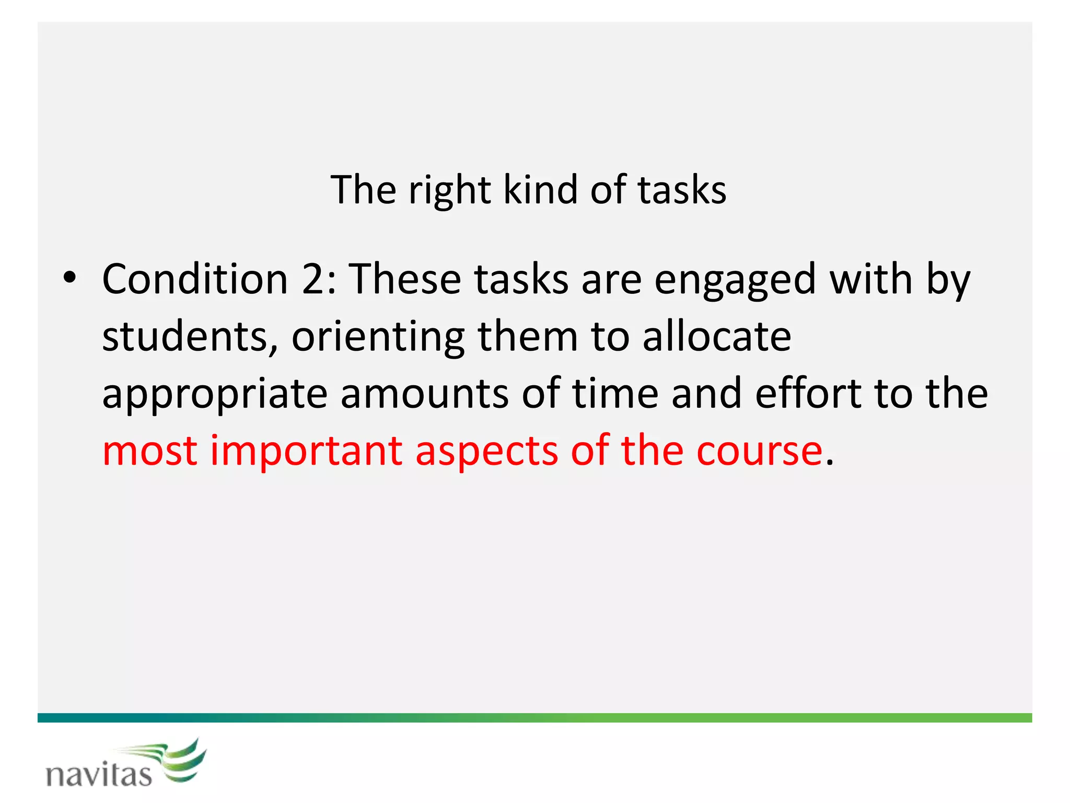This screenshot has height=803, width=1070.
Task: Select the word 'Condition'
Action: [195, 279]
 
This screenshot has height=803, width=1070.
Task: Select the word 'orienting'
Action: [378, 337]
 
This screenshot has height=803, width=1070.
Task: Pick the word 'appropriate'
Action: [214, 395]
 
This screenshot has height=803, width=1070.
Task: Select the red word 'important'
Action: [306, 451]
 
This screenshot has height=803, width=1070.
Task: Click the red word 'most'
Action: [150, 451]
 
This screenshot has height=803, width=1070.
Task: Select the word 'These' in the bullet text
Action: [405, 279]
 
